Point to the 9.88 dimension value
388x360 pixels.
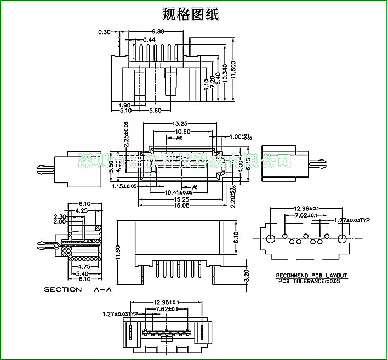(x=158, y=32)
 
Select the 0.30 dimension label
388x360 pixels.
(x=104, y=32)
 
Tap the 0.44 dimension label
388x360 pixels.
(x=149, y=40)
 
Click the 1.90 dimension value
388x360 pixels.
(x=124, y=105)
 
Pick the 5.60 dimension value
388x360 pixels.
(x=155, y=111)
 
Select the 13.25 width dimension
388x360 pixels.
(x=180, y=123)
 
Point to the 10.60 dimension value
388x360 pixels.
(x=182, y=132)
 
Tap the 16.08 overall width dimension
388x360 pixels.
(x=180, y=205)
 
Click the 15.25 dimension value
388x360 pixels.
(x=180, y=200)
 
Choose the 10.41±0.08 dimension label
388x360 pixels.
(x=179, y=192)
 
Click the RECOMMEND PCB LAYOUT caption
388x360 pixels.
(x=311, y=276)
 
